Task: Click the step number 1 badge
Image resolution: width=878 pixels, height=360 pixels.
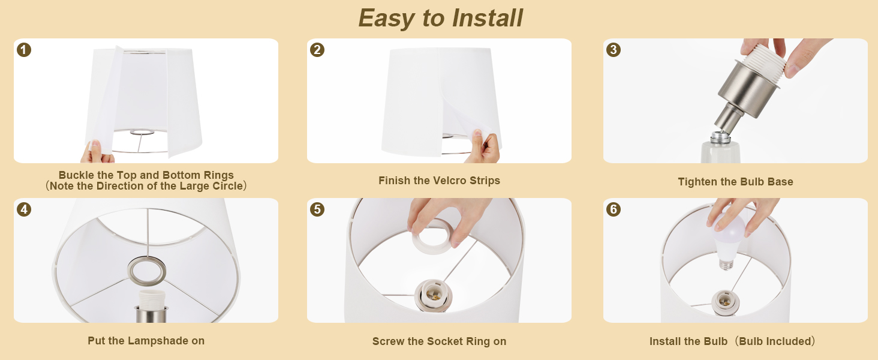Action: tap(24, 50)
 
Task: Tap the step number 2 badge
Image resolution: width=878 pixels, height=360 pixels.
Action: tap(317, 50)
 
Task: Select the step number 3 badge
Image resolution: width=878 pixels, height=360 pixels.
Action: tap(614, 50)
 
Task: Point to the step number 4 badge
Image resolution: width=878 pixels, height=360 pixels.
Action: tap(24, 209)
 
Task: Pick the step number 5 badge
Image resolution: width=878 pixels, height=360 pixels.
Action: tap(317, 209)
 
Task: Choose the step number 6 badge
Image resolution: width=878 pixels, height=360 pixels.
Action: tap(614, 209)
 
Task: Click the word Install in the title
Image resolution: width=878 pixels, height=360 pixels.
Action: tap(487, 18)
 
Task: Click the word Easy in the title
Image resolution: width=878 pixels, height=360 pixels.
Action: tap(386, 19)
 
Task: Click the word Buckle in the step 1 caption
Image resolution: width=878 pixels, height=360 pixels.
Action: tap(74, 175)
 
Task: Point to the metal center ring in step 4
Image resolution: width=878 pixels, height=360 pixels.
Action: tap(146, 271)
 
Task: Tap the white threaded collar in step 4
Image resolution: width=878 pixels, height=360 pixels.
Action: tap(152, 299)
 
